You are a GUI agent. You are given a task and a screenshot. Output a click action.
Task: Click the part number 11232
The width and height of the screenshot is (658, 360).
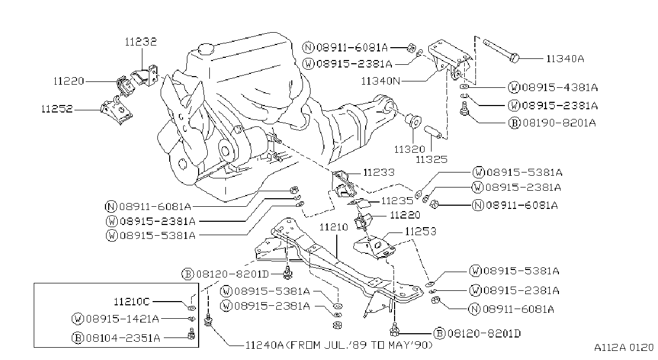(x=141, y=42)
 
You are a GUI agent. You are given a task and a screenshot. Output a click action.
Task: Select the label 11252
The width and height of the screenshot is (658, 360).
(x=57, y=109)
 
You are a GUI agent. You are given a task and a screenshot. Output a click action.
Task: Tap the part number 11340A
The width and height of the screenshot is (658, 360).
(x=565, y=59)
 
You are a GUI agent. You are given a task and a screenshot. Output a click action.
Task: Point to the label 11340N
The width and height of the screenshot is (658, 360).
(x=381, y=81)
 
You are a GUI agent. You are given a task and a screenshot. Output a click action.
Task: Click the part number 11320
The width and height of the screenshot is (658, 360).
(x=410, y=149)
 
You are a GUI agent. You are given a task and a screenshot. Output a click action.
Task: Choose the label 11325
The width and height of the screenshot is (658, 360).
(x=432, y=160)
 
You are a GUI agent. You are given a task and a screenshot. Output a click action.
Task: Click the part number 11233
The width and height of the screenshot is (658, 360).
(x=379, y=172)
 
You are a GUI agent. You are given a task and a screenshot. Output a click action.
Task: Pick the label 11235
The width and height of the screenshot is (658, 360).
(x=397, y=201)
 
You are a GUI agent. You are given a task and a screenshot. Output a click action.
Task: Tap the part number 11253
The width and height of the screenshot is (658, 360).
(x=421, y=231)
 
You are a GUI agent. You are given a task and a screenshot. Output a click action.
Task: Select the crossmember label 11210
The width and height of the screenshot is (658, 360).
(x=334, y=227)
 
